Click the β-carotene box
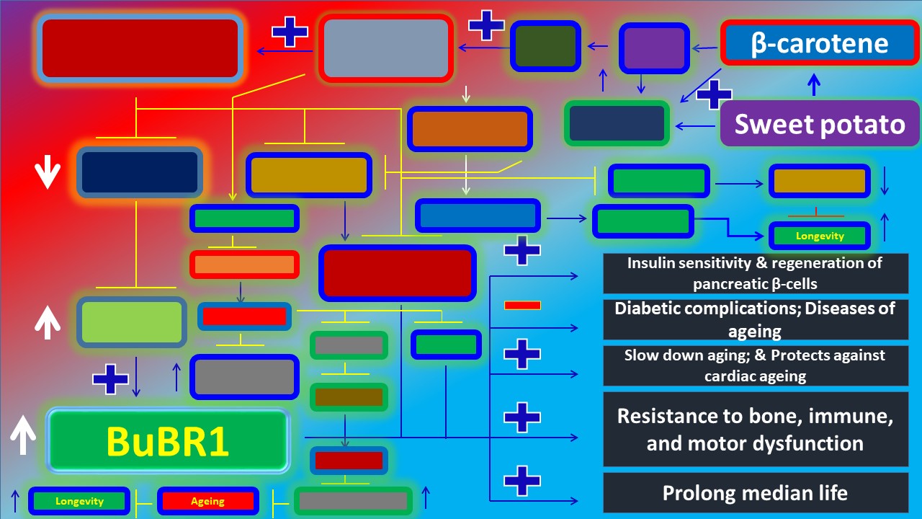[x=819, y=43]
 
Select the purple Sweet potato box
[x=819, y=124]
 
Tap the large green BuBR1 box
[x=168, y=440]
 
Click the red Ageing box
[x=207, y=501]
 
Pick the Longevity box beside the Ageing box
[x=79, y=501]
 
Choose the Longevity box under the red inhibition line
[x=819, y=236]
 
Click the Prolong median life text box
[x=755, y=493]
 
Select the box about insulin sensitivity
[x=755, y=273]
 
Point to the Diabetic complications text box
[x=755, y=319]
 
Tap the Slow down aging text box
[x=755, y=365]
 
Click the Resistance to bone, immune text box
[x=755, y=429]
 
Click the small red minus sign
[x=522, y=306]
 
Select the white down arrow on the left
[x=48, y=173]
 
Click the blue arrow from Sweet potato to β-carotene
[x=814, y=85]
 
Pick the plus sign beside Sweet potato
[x=714, y=94]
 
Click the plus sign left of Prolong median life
[x=522, y=480]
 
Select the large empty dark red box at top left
[x=140, y=48]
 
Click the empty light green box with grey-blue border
[x=131, y=321]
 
